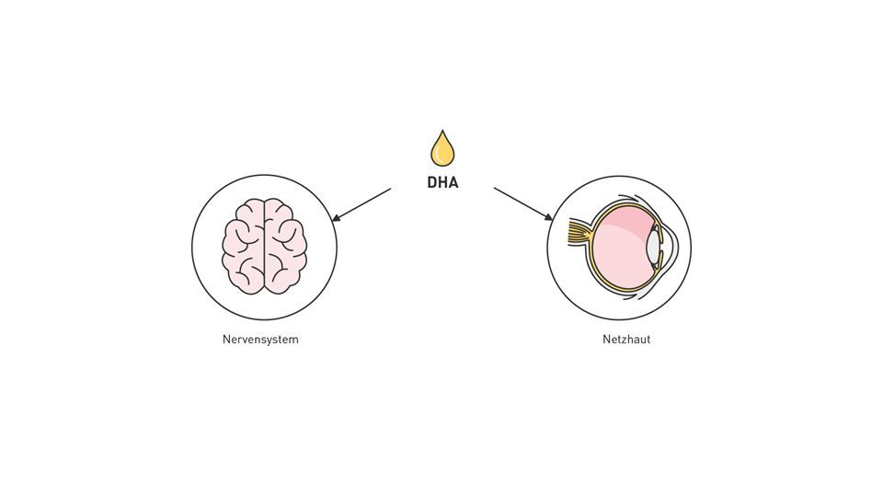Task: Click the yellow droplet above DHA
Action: (442, 150)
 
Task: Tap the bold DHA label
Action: (442, 182)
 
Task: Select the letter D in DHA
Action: (432, 182)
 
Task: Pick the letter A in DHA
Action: (453, 182)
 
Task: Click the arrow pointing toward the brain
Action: (362, 204)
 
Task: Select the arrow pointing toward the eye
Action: (522, 203)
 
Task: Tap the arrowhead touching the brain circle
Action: (336, 218)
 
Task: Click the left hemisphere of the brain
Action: (244, 247)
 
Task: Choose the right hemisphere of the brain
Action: (285, 247)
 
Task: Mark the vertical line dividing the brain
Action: (265, 247)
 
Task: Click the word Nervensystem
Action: (260, 340)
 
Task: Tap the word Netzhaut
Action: (626, 340)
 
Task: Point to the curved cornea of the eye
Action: (675, 247)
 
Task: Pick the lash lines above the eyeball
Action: (635, 199)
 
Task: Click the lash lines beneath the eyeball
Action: (635, 297)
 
